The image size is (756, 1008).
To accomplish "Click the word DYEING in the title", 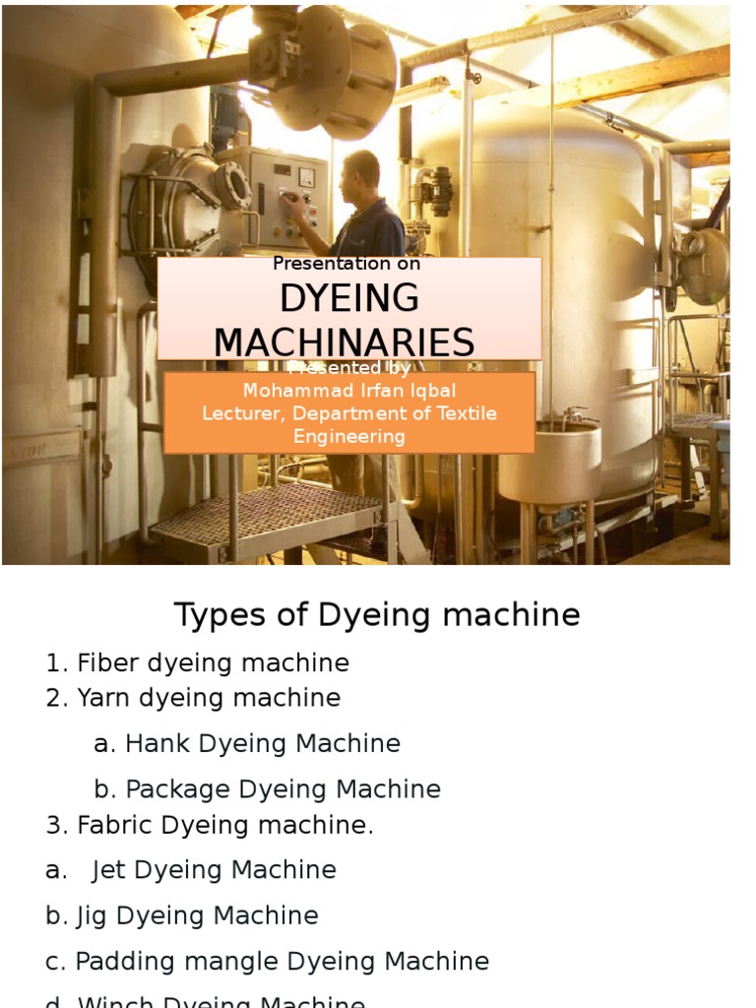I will point(349,297).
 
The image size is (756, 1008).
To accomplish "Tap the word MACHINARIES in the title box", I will point(345,343).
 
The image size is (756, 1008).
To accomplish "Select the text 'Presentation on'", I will point(346,264).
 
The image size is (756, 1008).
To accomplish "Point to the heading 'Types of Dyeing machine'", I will point(377,615).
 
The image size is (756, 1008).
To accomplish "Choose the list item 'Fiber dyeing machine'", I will point(212,663).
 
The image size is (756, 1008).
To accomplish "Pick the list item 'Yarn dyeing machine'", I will point(208,698).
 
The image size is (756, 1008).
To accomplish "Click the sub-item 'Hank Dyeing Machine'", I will point(262,743).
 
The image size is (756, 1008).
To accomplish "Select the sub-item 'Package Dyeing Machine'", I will point(283,788).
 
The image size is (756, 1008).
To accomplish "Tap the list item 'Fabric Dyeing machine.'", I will point(224,825).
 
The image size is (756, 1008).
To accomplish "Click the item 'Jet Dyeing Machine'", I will point(214,870).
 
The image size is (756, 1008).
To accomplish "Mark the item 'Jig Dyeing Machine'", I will point(197,915).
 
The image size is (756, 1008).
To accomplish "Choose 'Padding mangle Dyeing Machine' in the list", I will point(282,961).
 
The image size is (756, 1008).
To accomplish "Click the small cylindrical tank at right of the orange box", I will point(549,463).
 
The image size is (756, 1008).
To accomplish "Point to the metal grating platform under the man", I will point(266,517).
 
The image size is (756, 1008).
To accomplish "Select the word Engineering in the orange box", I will point(349,436).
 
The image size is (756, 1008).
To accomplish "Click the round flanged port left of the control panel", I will point(234,185).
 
